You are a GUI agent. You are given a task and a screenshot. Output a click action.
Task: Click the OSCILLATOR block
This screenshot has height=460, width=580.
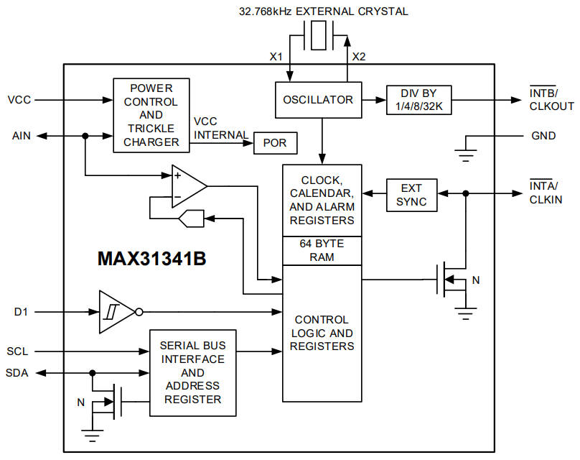318,100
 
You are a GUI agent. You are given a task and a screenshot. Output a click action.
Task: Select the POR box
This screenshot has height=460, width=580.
274,143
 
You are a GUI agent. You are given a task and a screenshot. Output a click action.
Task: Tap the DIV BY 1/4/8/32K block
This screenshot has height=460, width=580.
419,100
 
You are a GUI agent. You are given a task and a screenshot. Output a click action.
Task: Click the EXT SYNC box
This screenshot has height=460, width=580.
411,194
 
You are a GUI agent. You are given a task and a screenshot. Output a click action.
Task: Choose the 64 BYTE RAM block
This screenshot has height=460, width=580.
322,250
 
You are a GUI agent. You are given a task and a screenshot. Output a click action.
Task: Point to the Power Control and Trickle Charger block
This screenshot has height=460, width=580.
151,115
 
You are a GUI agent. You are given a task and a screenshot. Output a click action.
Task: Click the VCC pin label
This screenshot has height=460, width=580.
19,99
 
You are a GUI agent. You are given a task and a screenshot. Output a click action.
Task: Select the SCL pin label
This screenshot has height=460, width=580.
19,351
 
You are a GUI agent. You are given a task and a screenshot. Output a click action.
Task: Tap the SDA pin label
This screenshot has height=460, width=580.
19,373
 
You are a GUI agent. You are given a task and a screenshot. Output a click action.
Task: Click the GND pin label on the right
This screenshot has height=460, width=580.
543,136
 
